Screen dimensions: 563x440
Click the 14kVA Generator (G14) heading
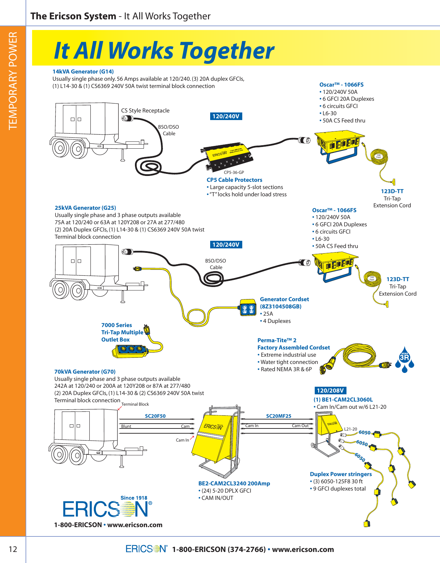[83, 71]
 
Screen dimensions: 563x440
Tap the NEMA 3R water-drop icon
[404, 359]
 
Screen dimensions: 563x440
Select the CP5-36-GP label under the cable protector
[234, 172]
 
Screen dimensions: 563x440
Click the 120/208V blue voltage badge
[330, 391]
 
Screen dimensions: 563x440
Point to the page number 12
[13, 549]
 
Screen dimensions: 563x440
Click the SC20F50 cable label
[155, 416]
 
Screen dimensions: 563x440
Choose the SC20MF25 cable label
[278, 416]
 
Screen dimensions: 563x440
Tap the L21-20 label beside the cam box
[350, 429]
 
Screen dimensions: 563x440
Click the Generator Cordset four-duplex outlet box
[248, 307]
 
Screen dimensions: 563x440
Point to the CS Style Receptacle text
[145, 110]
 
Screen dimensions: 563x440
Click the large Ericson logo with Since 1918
[107, 507]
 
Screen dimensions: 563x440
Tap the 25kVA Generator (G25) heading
[85, 208]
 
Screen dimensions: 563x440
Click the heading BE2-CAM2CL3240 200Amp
[234, 483]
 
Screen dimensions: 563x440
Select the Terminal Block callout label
[135, 404]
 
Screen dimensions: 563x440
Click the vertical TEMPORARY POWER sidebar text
[13, 81]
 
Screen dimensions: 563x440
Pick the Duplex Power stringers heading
[341, 474]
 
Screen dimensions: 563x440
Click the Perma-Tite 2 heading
[277, 340]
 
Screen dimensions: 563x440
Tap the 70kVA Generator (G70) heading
[85, 372]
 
